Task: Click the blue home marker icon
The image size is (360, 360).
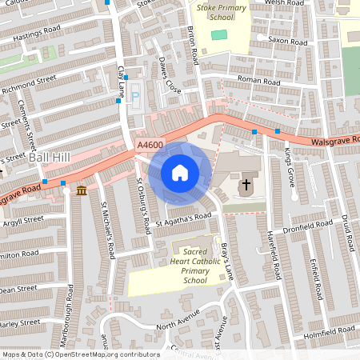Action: pyautogui.click(x=180, y=173)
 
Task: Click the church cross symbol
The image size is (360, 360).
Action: pyautogui.click(x=246, y=186)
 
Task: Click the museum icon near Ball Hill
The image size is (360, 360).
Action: pyautogui.click(x=82, y=190)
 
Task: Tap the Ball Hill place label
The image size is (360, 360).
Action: pyautogui.click(x=51, y=158)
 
